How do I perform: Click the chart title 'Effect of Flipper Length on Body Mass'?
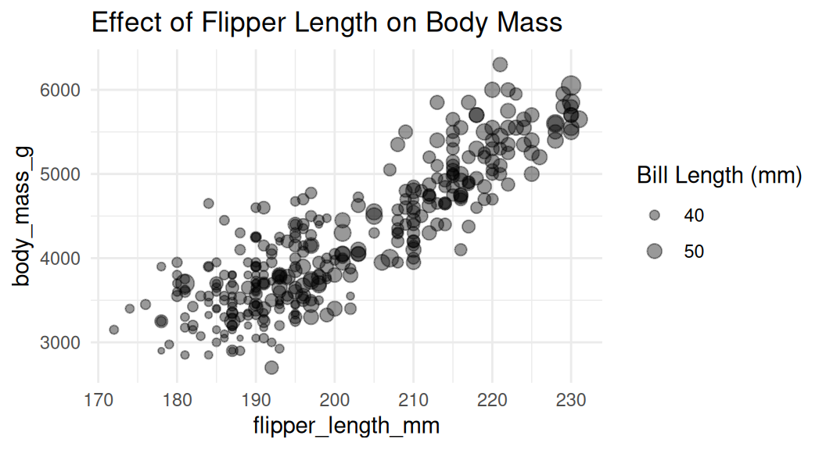tap(327, 23)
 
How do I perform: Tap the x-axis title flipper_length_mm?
tap(346, 427)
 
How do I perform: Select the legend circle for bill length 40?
tap(655, 214)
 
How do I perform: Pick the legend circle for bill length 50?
tap(655, 250)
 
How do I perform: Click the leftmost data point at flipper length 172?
tap(114, 330)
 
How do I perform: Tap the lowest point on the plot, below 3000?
tap(271, 367)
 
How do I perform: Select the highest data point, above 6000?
tap(500, 64)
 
